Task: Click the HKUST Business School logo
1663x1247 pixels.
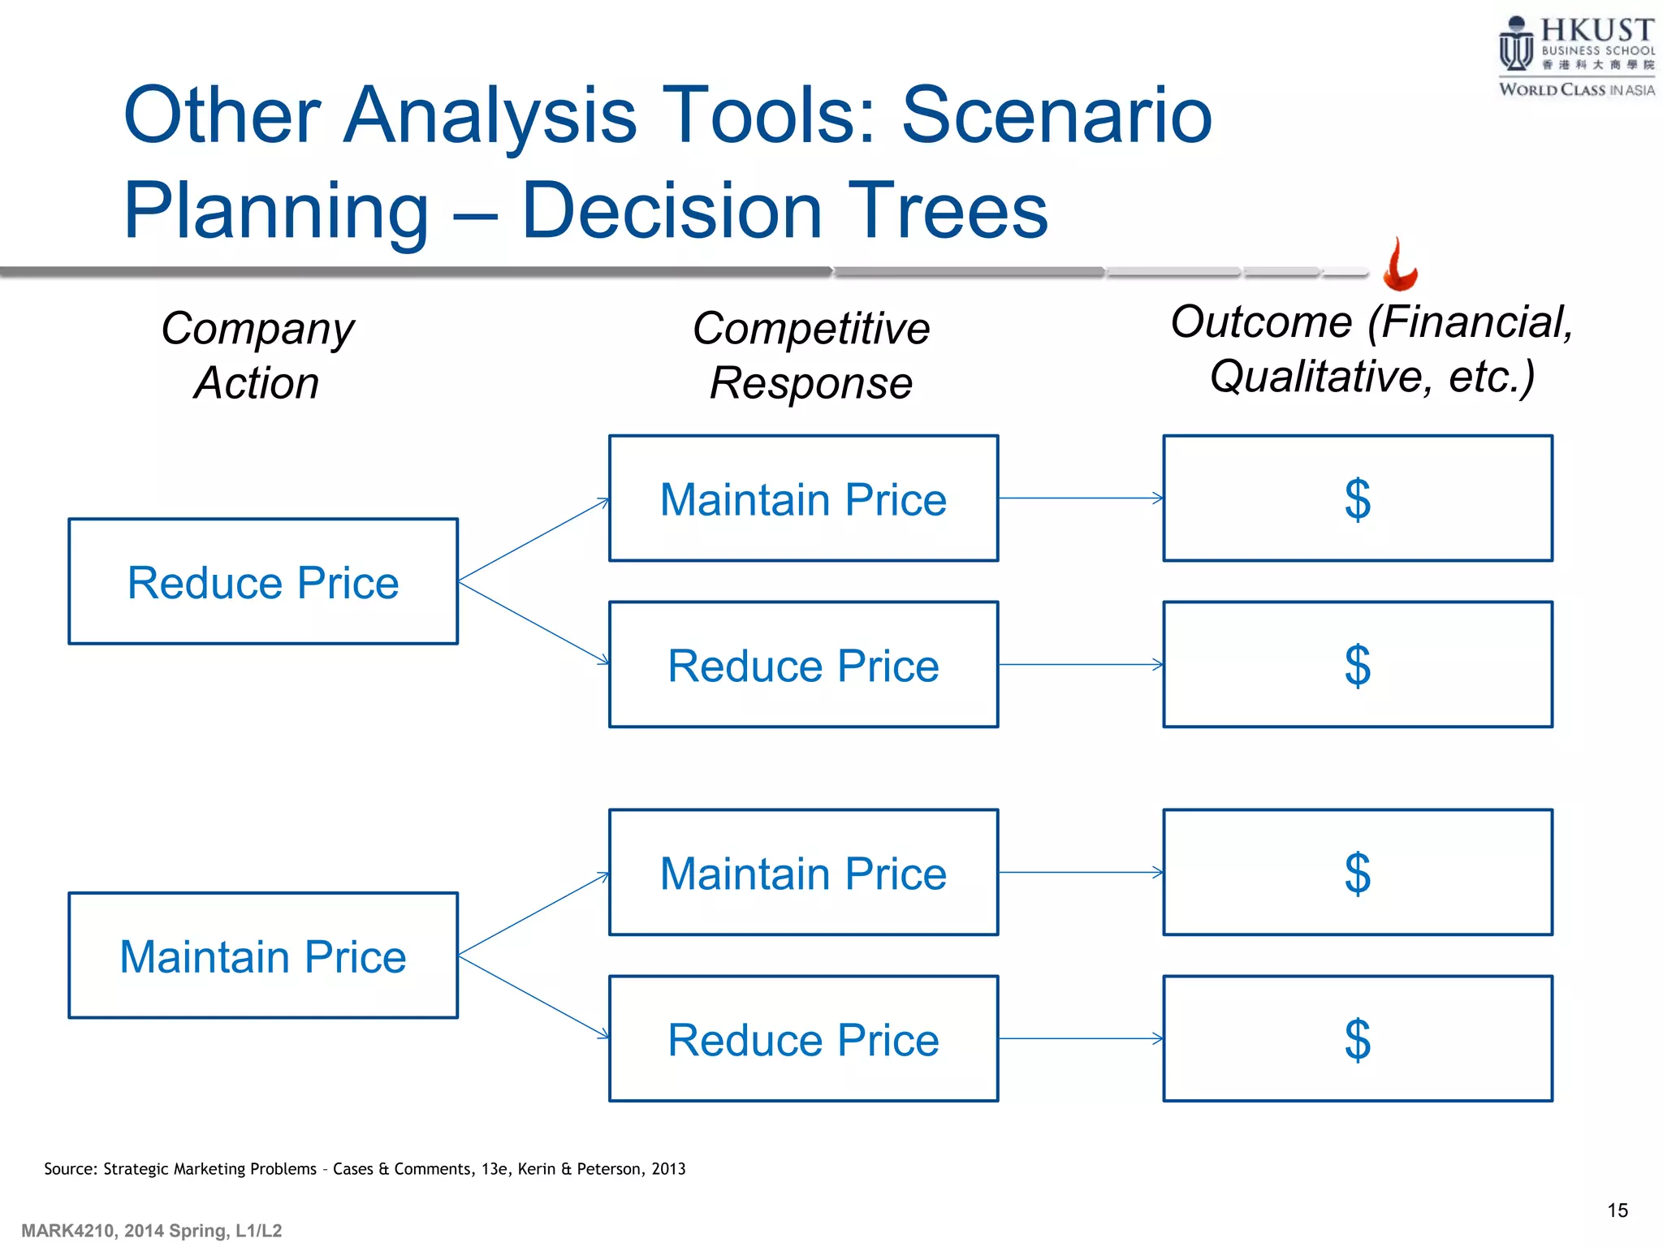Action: click(x=1575, y=55)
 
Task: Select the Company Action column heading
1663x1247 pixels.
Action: click(x=257, y=356)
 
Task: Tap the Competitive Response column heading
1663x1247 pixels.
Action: click(x=810, y=356)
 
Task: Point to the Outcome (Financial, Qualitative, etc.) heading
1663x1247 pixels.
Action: click(x=1371, y=349)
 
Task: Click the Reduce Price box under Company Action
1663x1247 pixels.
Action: click(x=263, y=582)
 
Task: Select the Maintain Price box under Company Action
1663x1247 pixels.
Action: click(x=263, y=956)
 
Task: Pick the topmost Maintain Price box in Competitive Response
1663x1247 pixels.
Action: click(x=803, y=498)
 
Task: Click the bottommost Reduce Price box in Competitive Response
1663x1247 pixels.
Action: click(x=803, y=1039)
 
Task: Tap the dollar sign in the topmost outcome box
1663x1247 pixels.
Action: click(x=1357, y=499)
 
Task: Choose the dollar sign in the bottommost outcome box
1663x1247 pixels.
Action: click(x=1357, y=1040)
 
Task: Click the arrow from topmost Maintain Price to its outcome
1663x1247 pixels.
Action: click(x=1080, y=498)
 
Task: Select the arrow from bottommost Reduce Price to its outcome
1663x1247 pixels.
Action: click(x=1080, y=1038)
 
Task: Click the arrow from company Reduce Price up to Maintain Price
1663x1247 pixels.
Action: click(x=533, y=540)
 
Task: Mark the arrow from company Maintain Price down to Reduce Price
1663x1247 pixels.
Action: click(x=533, y=997)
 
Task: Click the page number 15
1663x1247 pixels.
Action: click(x=1617, y=1210)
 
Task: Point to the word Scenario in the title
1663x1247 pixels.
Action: click(x=1056, y=115)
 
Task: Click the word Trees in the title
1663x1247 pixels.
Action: click(x=948, y=211)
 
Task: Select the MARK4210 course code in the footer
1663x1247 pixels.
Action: click(x=67, y=1231)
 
